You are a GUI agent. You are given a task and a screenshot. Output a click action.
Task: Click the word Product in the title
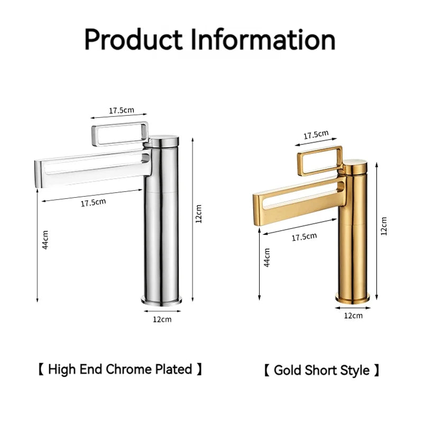pyautogui.click(x=135, y=41)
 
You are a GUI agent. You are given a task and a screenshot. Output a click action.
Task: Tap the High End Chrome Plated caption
pyautogui.click(x=120, y=369)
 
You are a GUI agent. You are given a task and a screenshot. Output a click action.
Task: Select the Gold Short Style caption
pyautogui.click(x=321, y=370)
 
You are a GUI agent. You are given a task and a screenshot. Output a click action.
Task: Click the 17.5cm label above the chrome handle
pyautogui.click(x=122, y=111)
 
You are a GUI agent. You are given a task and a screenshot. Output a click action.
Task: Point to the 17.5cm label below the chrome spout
pyautogui.click(x=93, y=202)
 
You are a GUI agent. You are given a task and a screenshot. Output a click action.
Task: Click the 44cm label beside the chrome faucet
pyautogui.click(x=45, y=240)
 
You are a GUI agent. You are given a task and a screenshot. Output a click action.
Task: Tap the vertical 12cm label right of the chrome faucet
pyautogui.click(x=198, y=214)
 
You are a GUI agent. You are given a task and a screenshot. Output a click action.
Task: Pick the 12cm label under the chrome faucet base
pyautogui.click(x=162, y=319)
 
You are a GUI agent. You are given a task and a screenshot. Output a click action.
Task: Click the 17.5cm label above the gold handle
pyautogui.click(x=316, y=135)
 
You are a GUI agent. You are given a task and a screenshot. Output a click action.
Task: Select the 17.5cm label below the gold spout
pyautogui.click(x=304, y=237)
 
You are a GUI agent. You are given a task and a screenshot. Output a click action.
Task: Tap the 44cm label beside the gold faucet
pyautogui.click(x=268, y=257)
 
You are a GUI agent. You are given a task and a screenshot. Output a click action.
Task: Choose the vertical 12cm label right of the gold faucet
pyautogui.click(x=383, y=226)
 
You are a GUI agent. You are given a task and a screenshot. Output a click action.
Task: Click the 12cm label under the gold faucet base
pyautogui.click(x=353, y=316)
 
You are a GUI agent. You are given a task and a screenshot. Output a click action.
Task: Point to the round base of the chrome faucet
pyautogui.click(x=162, y=301)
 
